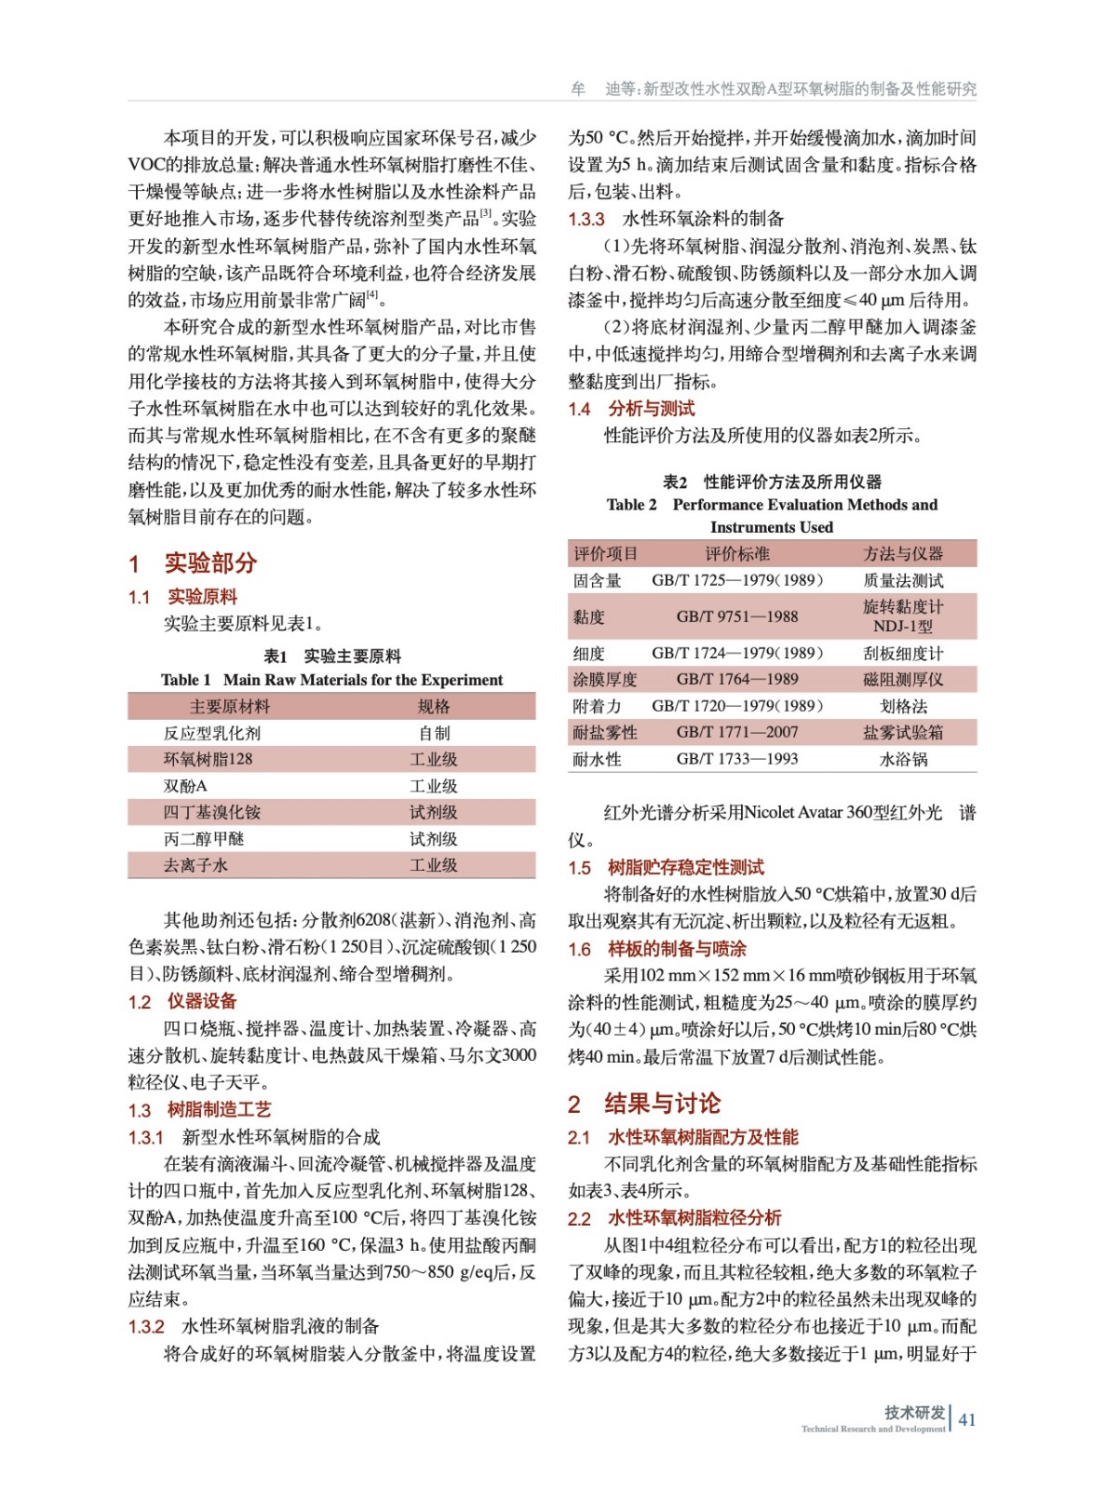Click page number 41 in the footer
[967, 1419]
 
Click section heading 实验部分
[210, 562]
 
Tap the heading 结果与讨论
[662, 1104]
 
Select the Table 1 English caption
[331, 680]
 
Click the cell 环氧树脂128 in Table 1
[208, 759]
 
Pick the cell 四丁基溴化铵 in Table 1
[212, 812]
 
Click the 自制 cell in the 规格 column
[434, 733]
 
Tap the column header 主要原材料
[229, 707]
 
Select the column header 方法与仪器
[903, 554]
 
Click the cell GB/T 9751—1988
[736, 616]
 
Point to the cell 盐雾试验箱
[903, 732]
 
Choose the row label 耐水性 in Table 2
[597, 759]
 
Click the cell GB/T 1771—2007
[736, 732]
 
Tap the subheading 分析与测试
[652, 409]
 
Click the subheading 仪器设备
[202, 1001]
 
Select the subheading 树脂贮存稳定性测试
[685, 868]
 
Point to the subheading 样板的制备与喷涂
[677, 949]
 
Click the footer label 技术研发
[914, 1412]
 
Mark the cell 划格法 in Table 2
[903, 706]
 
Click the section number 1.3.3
[586, 220]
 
